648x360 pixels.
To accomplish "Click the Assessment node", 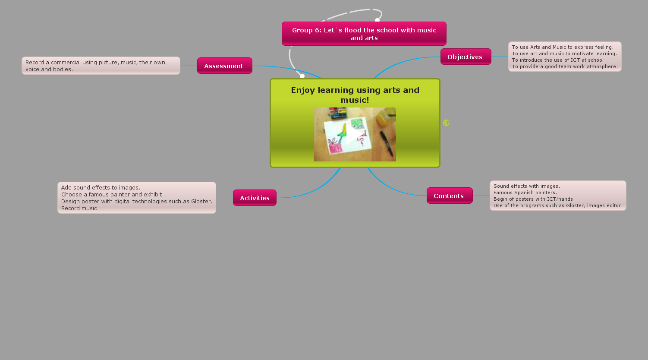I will coord(224,66).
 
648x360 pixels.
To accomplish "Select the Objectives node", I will coord(466,57).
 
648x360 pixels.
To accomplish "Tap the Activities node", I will coord(255,198).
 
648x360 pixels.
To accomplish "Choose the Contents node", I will coord(449,196).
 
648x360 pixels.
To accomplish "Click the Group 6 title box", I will coord(364,34).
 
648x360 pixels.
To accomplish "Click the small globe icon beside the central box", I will coord(446,123).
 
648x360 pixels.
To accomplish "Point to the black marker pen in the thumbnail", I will coord(387,143).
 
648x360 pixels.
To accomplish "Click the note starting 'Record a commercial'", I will coord(101,66).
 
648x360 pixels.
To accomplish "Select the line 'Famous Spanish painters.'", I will coord(525,193).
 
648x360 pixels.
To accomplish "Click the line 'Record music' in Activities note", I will coord(79,208).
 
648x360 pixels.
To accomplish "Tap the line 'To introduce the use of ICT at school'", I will coord(557,60).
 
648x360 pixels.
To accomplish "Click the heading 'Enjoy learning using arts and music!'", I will coord(355,95).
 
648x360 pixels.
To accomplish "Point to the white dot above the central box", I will coord(302,76).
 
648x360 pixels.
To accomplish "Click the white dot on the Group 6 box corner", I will coord(377,20).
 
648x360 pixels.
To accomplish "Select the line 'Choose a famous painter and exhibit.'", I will coord(112,194).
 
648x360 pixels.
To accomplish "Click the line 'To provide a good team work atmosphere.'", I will coord(565,66).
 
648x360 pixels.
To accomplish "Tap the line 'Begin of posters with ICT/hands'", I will coord(533,199).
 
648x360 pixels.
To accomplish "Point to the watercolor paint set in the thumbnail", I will coord(338,113).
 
